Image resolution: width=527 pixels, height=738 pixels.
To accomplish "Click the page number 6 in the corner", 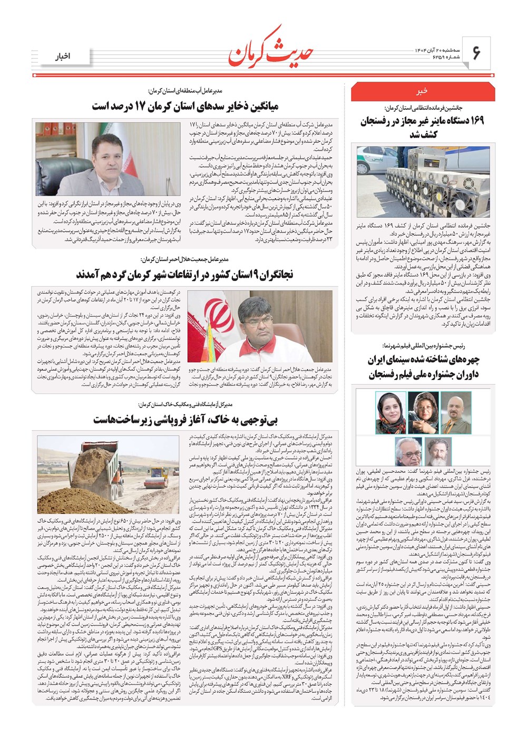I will click(x=476, y=53).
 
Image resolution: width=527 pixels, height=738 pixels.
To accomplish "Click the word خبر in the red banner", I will click(x=422, y=91).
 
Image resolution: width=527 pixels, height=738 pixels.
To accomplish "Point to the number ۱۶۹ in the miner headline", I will click(x=472, y=121).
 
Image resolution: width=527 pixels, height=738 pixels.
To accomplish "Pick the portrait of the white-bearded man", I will click(x=438, y=452).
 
